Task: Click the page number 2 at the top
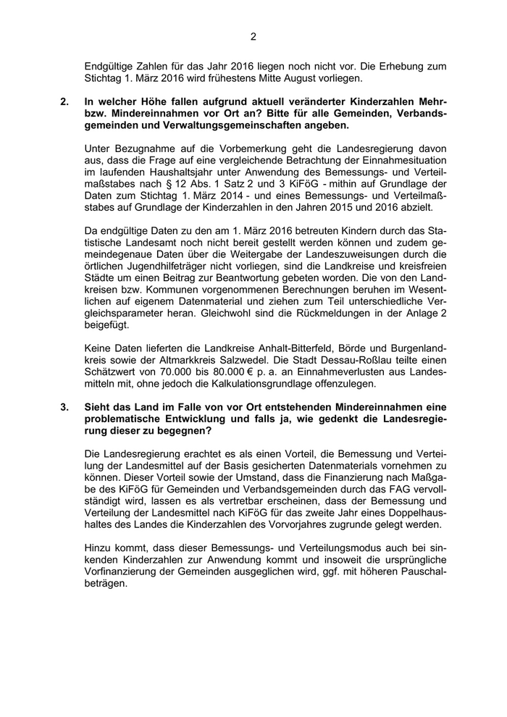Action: pos(253,35)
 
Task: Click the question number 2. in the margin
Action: pos(65,102)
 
